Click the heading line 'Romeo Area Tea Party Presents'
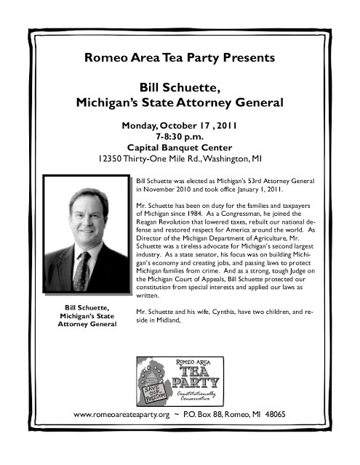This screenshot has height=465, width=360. tap(180, 57)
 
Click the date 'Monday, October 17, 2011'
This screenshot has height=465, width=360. tap(180, 125)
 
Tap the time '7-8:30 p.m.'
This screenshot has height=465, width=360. tap(180, 136)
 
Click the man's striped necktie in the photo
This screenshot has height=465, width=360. tap(82, 270)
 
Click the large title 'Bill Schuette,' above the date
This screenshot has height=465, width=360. tap(180, 89)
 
